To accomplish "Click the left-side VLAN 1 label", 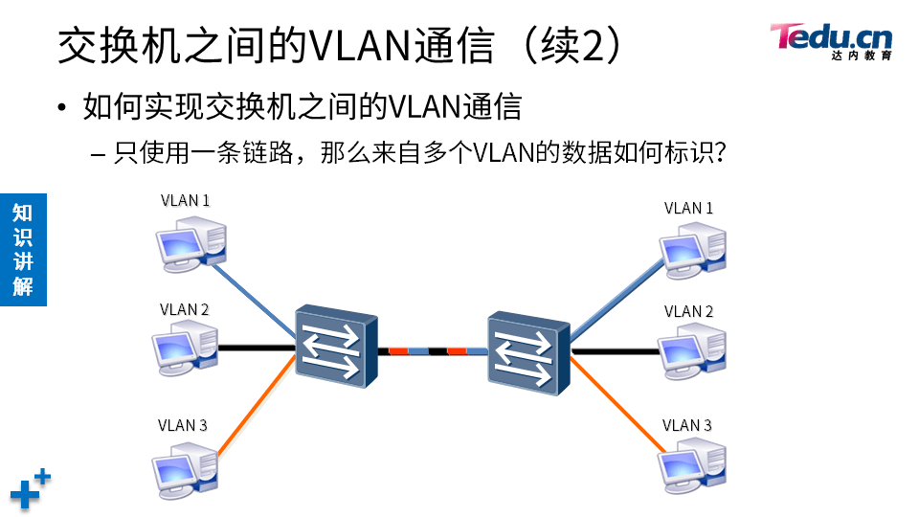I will pyautogui.click(x=185, y=201).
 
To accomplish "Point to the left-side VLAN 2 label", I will pyautogui.click(x=185, y=310).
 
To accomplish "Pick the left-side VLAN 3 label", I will pyautogui.click(x=183, y=425).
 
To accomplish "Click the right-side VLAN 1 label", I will pyautogui.click(x=688, y=208).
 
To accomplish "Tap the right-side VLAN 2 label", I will pyautogui.click(x=688, y=311).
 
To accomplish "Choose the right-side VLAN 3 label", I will pyautogui.click(x=687, y=425).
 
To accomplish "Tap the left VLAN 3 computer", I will pyautogui.click(x=186, y=466).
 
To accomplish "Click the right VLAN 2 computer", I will pyautogui.click(x=692, y=351).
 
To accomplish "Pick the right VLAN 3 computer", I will pyautogui.click(x=692, y=466).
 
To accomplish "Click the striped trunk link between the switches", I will pyautogui.click(x=429, y=351).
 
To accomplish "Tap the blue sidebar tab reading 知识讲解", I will pyautogui.click(x=23, y=249).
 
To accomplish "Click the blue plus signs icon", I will pyautogui.click(x=31, y=488).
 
